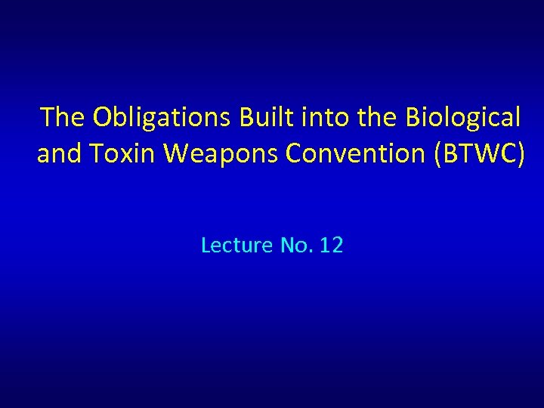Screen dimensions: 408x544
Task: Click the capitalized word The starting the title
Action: [63, 117]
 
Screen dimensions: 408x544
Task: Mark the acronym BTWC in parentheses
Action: [475, 153]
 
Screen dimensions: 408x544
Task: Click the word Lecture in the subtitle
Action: [236, 245]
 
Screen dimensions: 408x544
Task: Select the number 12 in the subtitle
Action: [331, 245]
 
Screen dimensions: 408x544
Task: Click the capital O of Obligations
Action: [102, 117]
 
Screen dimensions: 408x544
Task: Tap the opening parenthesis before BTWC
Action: [435, 154]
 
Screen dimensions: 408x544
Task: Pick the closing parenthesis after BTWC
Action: [519, 154]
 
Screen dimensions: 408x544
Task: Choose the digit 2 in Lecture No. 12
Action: [337, 245]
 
